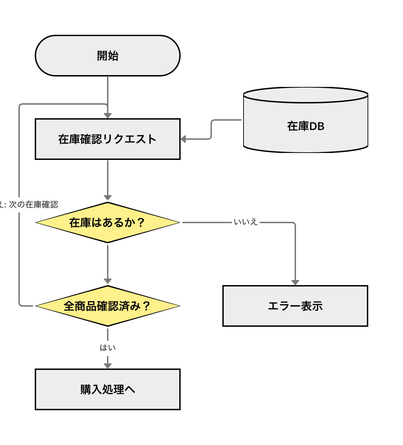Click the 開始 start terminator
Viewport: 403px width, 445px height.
click(x=108, y=56)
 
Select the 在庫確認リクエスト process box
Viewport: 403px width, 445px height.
click(x=108, y=139)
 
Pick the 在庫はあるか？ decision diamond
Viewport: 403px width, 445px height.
click(x=108, y=222)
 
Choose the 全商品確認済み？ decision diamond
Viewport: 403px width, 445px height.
click(x=108, y=306)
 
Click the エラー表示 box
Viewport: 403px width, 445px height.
click(x=295, y=306)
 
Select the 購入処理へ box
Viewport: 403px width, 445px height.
click(x=108, y=389)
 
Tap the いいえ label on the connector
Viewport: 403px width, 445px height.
click(x=246, y=222)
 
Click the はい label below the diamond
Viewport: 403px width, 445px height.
click(x=108, y=348)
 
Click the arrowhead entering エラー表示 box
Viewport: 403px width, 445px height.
click(x=295, y=282)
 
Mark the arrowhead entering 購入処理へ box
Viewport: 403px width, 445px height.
click(x=108, y=366)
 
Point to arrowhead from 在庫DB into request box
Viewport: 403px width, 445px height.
click(x=184, y=139)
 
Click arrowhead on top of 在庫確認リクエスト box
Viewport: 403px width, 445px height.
click(x=108, y=115)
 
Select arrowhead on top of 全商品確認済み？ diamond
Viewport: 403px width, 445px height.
click(x=108, y=281)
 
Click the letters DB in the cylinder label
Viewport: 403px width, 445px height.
click(x=316, y=126)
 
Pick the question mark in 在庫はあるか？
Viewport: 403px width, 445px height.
click(x=141, y=222)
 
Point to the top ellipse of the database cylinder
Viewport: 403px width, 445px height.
click(x=306, y=95)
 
